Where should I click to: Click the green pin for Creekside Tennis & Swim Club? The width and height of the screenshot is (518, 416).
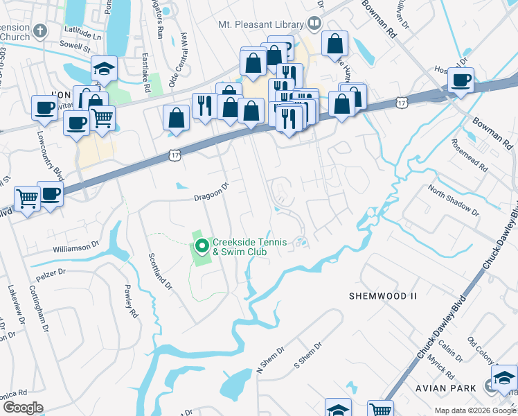coord(202,246)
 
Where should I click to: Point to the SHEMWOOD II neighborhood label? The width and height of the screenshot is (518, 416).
coord(383,296)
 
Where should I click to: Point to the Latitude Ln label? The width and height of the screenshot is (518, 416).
coord(81,32)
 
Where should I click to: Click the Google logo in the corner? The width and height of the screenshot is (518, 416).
coord(22,407)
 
